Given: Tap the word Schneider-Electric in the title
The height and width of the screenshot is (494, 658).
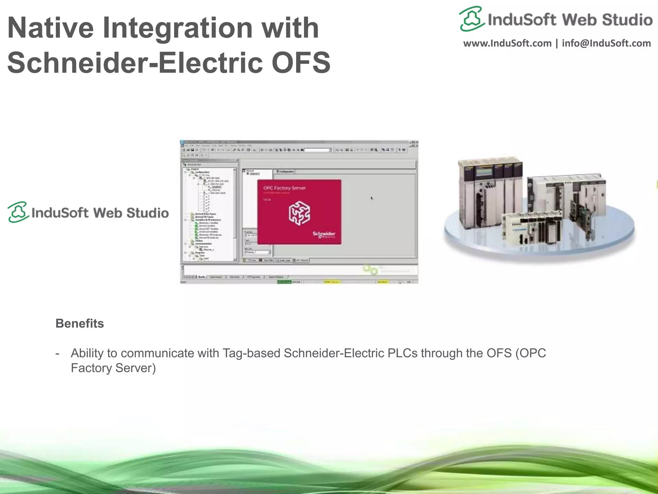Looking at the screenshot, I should (136, 62).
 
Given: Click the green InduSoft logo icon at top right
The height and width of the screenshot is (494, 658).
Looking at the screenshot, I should (471, 19).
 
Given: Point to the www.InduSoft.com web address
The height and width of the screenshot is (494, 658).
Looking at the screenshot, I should (507, 43).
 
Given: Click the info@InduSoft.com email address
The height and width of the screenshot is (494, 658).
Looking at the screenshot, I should (606, 43).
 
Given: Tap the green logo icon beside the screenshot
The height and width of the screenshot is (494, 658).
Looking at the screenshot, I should (18, 212).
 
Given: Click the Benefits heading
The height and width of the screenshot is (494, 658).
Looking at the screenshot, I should (80, 323).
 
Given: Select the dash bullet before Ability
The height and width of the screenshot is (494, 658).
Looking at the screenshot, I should (58, 353).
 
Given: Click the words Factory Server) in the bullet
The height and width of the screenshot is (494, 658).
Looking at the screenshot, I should (113, 368).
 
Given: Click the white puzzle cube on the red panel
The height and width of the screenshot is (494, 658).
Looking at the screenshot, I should (299, 213).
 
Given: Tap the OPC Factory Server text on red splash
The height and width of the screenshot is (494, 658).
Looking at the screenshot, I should (284, 188).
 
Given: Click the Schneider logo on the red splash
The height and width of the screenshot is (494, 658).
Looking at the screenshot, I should (324, 234).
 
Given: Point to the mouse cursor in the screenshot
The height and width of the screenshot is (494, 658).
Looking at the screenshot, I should (372, 198).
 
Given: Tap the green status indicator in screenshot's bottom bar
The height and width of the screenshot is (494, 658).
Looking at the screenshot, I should (284, 282).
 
